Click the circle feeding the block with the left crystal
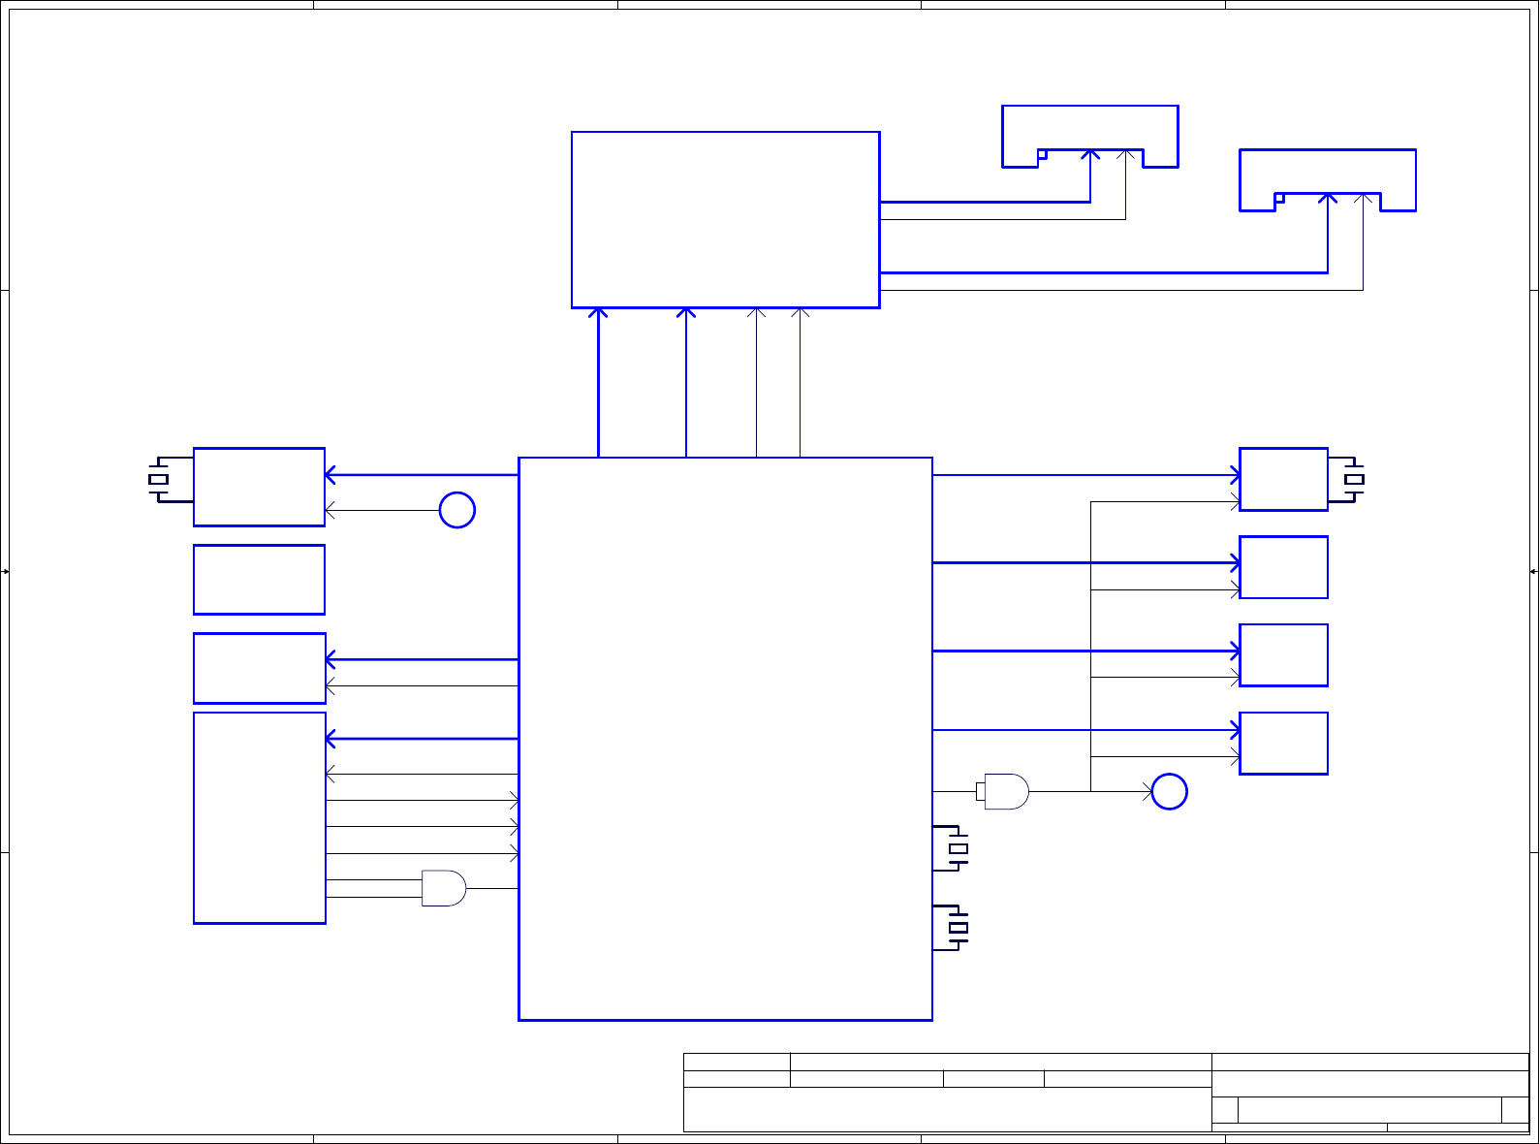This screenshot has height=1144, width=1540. tap(457, 510)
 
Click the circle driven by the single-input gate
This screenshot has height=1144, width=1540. tap(1169, 792)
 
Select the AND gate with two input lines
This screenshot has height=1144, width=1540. tap(444, 888)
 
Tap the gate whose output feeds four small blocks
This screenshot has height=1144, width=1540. tap(1006, 792)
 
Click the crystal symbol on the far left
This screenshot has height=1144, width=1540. tap(159, 479)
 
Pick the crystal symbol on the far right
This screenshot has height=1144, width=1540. tap(1354, 479)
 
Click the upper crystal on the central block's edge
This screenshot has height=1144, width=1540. tap(958, 849)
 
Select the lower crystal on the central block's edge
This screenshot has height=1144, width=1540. tap(958, 929)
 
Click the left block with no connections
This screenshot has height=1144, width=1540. tap(259, 580)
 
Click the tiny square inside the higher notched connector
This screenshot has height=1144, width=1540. tap(1042, 154)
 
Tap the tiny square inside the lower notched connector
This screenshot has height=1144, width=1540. tap(1279, 198)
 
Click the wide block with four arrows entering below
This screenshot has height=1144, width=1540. tap(725, 220)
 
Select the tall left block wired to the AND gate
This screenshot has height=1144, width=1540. tap(259, 817)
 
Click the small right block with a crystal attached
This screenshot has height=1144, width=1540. tap(1283, 479)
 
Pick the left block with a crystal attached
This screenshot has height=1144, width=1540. tap(259, 487)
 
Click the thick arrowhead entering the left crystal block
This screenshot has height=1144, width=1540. tap(330, 475)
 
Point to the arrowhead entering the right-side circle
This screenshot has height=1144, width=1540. tap(1147, 792)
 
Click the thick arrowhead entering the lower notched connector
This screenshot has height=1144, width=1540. tap(1328, 198)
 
